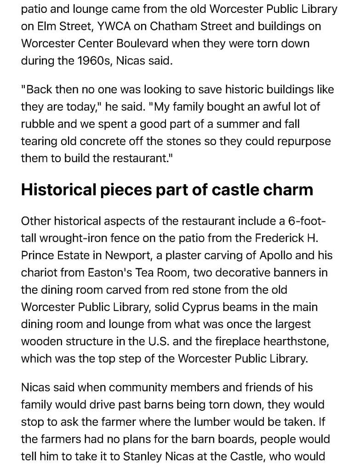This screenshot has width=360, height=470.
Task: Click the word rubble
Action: click(38, 124)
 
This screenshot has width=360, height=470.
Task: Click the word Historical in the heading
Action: click(58, 189)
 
